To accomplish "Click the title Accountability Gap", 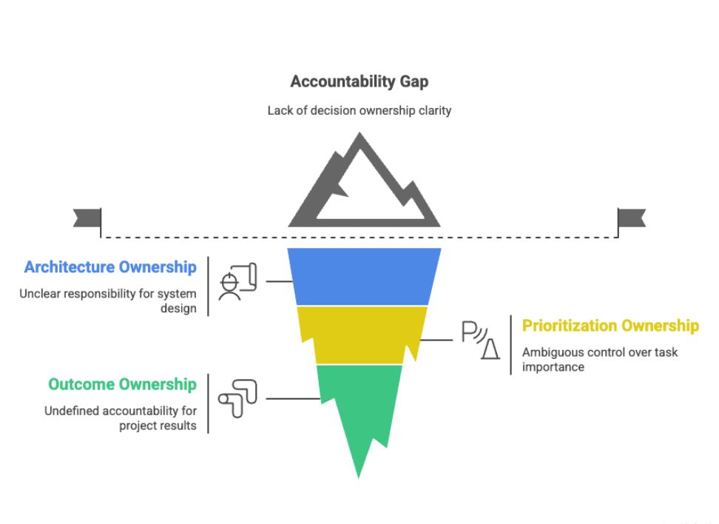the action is coord(359,81).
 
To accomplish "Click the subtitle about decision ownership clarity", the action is coord(359,110).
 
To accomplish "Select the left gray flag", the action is coord(87,218).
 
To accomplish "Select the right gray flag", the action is coord(632,218).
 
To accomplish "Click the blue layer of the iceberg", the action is coord(364,277).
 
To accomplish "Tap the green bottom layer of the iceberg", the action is coord(359,404).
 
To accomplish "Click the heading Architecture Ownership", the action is coord(110,267).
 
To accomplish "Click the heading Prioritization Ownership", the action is coord(611,326).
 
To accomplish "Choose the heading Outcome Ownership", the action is coord(123,385).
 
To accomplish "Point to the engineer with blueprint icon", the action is coord(237,281).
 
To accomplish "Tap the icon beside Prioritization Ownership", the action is coord(481,340).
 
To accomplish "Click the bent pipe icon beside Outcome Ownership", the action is coord(237,399).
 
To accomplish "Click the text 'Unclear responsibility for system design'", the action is coord(108,300).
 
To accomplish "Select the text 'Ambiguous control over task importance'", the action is coord(600,359).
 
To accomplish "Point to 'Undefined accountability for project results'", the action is coord(120,418).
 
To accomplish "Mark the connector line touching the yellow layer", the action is coord(436,340).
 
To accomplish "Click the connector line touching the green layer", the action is coord(293,399).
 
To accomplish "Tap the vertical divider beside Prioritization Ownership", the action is coord(511,345).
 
